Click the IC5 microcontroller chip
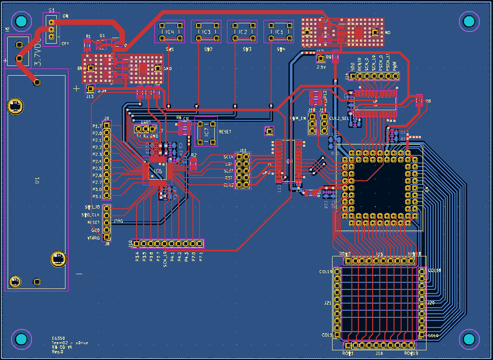tap(158, 172)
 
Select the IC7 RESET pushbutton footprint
tap(206, 131)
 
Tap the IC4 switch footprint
tap(170, 32)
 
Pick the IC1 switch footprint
tap(279, 32)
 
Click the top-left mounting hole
tap(21, 21)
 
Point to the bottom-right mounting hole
tap(469, 339)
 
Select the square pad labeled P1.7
tap(107, 125)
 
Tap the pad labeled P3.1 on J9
tap(107, 196)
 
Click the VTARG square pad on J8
tap(107, 237)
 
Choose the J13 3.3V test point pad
tap(90, 89)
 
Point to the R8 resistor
tap(419, 101)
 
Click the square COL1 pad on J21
tap(336, 335)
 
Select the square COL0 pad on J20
tap(421, 335)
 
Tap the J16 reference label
tap(379, 353)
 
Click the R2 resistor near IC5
tap(193, 162)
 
